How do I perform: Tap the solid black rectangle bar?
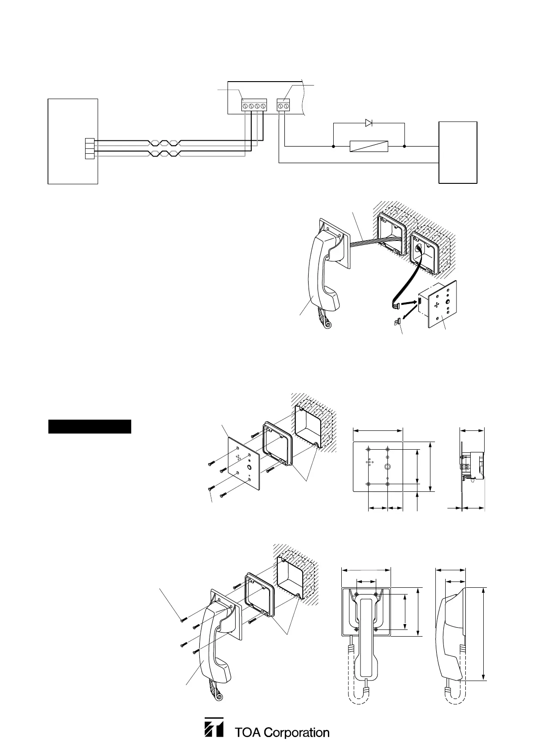pyautogui.click(x=90, y=426)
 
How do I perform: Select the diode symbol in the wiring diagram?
pyautogui.click(x=369, y=123)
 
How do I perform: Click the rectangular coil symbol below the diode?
pyautogui.click(x=369, y=146)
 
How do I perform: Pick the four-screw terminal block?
pyautogui.click(x=254, y=106)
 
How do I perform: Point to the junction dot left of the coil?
pyautogui.click(x=334, y=146)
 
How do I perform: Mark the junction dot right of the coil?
pyautogui.click(x=404, y=146)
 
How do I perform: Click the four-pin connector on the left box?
pyautogui.click(x=90, y=148)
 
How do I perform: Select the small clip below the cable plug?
pyautogui.click(x=396, y=321)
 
